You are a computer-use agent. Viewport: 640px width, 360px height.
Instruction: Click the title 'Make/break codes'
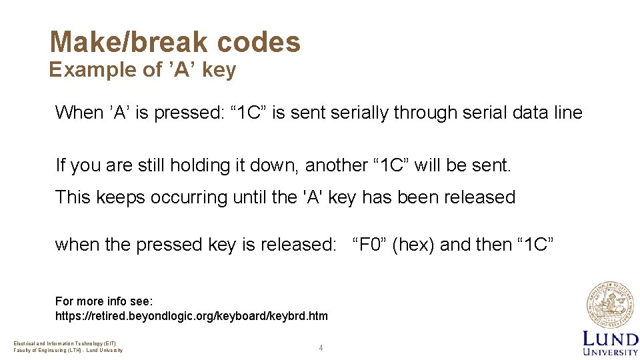click(x=175, y=42)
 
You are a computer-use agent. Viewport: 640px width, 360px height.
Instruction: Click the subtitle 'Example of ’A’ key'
click(x=142, y=69)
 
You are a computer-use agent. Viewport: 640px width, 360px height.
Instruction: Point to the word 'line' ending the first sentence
click(x=567, y=113)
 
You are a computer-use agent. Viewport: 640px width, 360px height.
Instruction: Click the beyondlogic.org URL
click(x=191, y=316)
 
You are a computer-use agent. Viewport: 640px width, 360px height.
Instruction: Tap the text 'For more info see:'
click(x=104, y=301)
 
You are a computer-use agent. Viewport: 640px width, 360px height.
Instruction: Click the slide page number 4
click(x=321, y=348)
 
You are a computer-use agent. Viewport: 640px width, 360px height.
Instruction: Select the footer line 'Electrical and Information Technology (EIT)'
click(x=65, y=343)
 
